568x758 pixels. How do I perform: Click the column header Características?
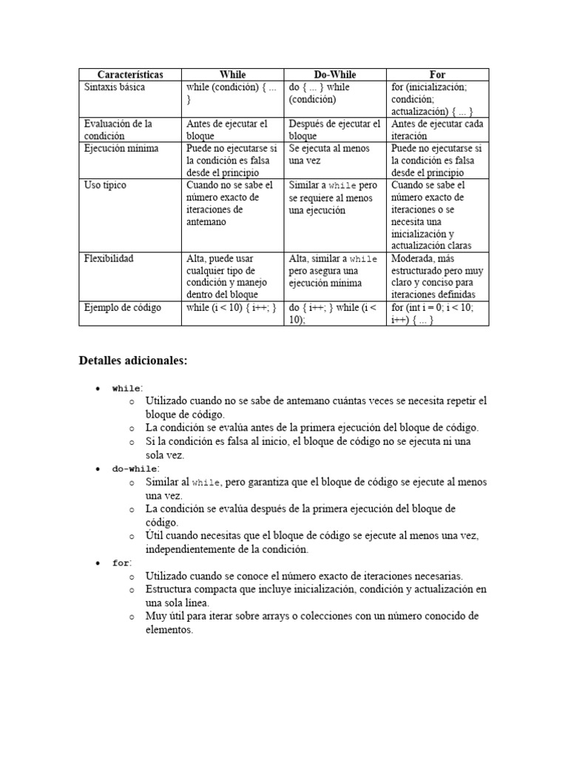(130, 75)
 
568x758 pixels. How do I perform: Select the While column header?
(233, 75)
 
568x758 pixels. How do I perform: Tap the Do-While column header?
(335, 75)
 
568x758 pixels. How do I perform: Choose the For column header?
(438, 75)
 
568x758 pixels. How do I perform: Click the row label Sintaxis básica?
(115, 87)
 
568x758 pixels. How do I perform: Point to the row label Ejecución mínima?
(121, 148)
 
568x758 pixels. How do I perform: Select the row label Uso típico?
(105, 185)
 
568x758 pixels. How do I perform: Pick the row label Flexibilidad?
(109, 258)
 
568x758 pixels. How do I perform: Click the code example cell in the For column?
(436, 313)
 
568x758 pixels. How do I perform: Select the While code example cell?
(231, 307)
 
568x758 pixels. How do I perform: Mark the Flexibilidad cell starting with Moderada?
(436, 276)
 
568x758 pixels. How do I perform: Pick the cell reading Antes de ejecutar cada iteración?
(437, 130)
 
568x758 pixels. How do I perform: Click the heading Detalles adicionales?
(133, 360)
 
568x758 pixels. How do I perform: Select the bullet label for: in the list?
(121, 563)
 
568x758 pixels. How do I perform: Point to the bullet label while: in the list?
(126, 388)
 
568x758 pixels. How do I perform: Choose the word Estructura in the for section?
(169, 589)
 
